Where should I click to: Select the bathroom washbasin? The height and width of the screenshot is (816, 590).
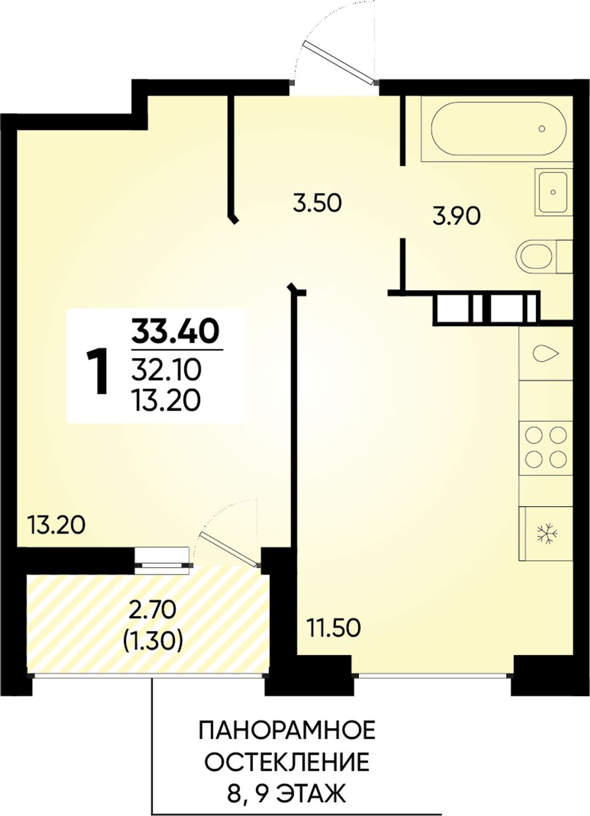pyautogui.click(x=553, y=192)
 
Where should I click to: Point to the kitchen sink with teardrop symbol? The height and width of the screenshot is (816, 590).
pyautogui.click(x=546, y=353)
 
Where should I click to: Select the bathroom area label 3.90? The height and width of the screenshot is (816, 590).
pyautogui.click(x=455, y=217)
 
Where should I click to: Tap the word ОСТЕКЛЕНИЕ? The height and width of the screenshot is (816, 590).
pyautogui.click(x=287, y=761)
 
